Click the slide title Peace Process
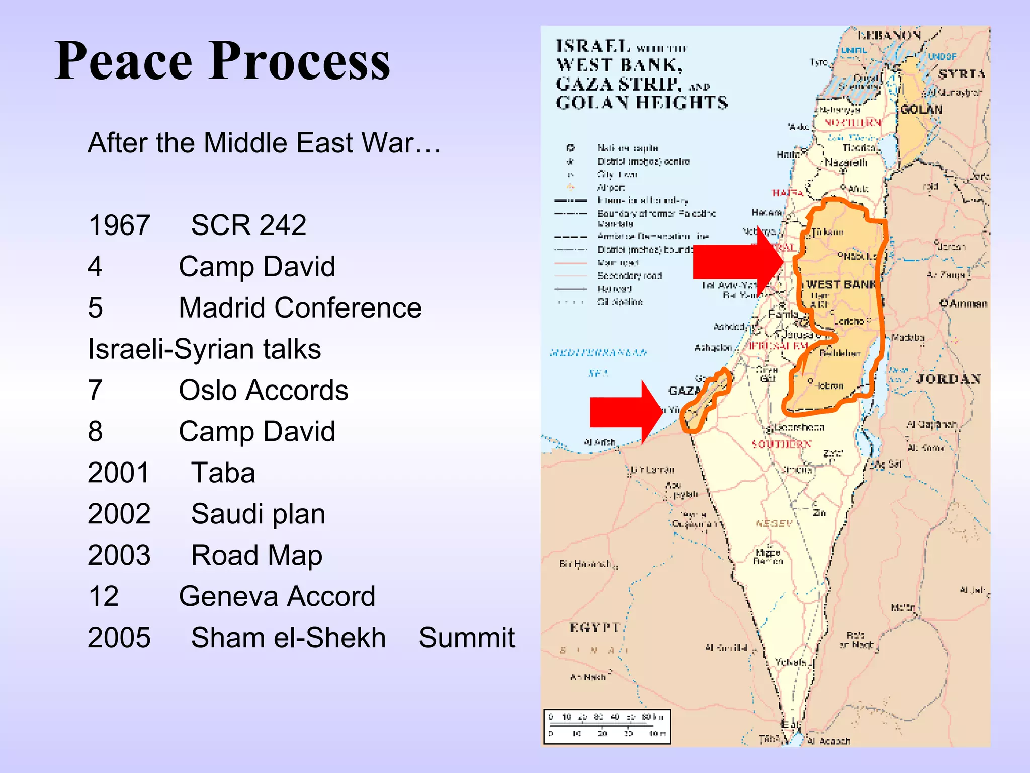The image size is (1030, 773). (222, 61)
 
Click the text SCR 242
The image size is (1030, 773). (248, 225)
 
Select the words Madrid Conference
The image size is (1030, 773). (300, 307)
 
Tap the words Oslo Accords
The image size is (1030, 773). (264, 390)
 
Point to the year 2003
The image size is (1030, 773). (119, 555)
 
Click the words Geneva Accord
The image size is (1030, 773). (277, 596)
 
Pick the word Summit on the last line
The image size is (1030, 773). (467, 638)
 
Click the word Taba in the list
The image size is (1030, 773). (223, 473)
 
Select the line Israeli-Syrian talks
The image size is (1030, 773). (204, 349)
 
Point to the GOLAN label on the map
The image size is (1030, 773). (921, 109)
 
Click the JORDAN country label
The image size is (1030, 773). (949, 379)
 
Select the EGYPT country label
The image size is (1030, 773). (594, 627)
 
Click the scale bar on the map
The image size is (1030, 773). (607, 726)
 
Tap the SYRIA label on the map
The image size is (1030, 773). (961, 74)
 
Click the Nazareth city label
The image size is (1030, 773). (846, 163)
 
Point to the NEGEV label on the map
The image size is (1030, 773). (774, 523)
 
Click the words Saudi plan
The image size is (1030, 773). (258, 514)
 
